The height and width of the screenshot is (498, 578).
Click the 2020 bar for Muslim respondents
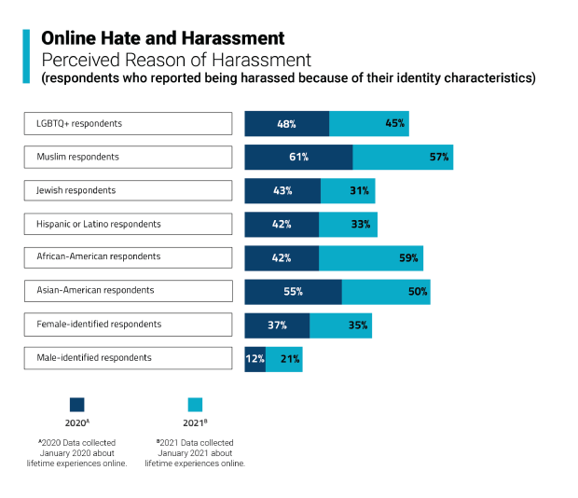click(x=298, y=157)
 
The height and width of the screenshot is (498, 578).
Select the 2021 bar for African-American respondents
click(x=371, y=257)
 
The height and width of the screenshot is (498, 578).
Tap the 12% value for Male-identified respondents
click(x=255, y=358)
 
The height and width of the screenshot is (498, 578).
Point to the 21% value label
click(x=289, y=358)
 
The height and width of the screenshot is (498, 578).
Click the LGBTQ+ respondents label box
click(x=128, y=123)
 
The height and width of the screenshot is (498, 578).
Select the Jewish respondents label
click(x=128, y=190)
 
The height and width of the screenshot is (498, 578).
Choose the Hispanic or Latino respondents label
click(x=128, y=224)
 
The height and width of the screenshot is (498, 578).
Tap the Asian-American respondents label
click(x=128, y=291)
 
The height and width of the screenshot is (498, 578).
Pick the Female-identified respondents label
click(x=128, y=325)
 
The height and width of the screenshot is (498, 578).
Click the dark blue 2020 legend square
click(x=77, y=405)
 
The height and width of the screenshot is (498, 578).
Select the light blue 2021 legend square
click(x=195, y=405)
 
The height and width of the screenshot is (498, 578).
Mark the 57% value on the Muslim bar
click(x=439, y=157)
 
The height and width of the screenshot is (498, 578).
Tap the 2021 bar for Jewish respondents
click(x=348, y=190)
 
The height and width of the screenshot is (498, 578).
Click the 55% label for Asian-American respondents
click(x=293, y=291)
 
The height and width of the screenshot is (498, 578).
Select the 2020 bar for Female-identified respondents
click(x=277, y=325)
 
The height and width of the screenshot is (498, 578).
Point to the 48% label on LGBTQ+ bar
click(x=287, y=123)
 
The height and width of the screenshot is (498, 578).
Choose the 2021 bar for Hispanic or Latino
click(x=348, y=224)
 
